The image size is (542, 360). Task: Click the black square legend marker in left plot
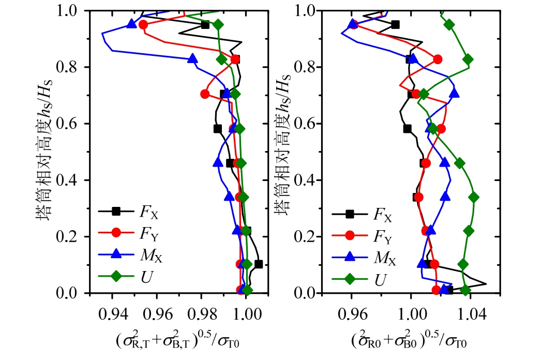tap(116, 211)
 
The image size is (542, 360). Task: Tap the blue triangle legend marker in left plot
tap(116, 254)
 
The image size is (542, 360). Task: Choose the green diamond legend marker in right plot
tap(350, 279)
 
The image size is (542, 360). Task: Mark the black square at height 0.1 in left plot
tap(259, 264)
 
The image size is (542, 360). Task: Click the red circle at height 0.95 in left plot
tap(143, 25)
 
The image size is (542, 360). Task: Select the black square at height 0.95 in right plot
tap(396, 24)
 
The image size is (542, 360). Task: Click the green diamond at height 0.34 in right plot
tap(473, 197)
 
